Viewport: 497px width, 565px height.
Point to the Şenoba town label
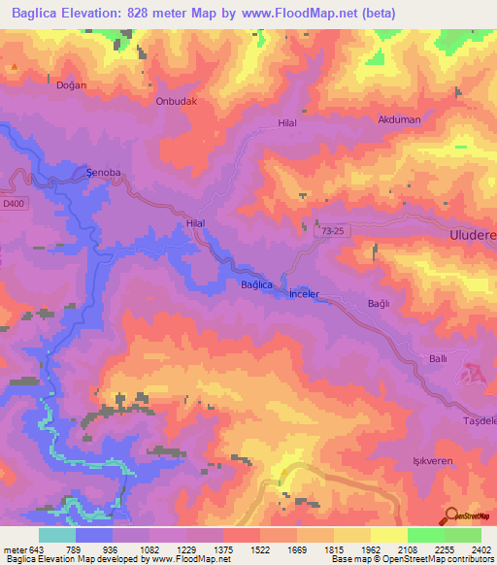tap(103, 173)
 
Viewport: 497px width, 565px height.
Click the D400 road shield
tap(13, 203)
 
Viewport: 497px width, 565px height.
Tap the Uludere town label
tap(470, 237)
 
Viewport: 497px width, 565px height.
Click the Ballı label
tap(439, 359)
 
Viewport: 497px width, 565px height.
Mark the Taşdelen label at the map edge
tap(480, 419)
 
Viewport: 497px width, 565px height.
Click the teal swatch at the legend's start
tap(57, 535)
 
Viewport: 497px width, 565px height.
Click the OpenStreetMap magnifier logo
tap(452, 515)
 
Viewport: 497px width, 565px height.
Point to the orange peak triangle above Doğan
tap(15, 68)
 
